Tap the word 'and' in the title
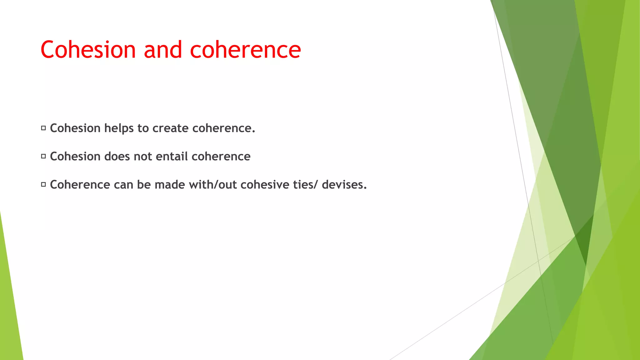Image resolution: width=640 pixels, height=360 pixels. pyautogui.click(x=162, y=50)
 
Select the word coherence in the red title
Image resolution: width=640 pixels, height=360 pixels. pyautogui.click(x=245, y=50)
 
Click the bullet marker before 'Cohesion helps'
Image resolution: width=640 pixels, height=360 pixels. pyautogui.click(x=43, y=128)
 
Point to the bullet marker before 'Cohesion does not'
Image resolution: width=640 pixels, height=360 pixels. pyautogui.click(x=43, y=156)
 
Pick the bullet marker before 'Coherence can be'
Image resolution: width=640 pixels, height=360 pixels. pyautogui.click(x=43, y=185)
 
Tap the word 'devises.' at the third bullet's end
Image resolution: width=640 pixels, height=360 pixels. pyautogui.click(x=344, y=185)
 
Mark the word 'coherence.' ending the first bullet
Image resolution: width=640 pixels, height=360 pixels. pyautogui.click(x=223, y=128)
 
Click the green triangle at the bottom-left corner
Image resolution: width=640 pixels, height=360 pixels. pyautogui.click(x=9, y=312)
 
